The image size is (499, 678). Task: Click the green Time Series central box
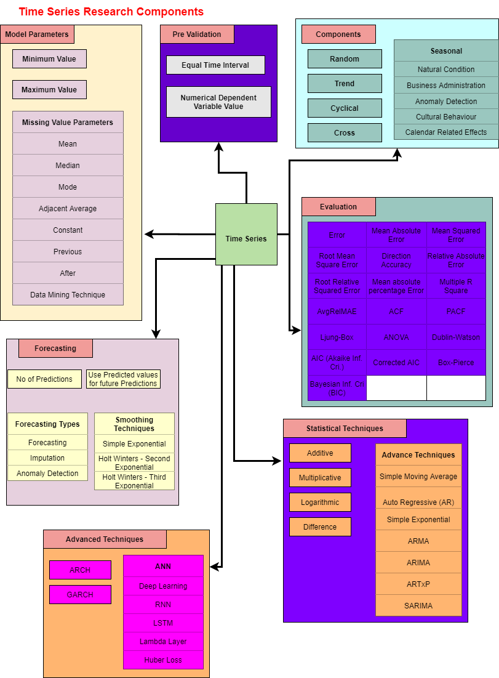click(x=246, y=235)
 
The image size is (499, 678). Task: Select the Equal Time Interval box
click(x=215, y=65)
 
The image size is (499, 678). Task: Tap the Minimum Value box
click(x=49, y=59)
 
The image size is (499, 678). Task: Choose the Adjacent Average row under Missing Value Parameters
click(x=68, y=209)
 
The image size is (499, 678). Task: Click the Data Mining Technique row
click(x=68, y=295)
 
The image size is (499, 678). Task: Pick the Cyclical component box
click(x=345, y=108)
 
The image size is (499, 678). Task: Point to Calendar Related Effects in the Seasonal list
click(x=445, y=132)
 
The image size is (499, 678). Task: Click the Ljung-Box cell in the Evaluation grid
click(x=337, y=337)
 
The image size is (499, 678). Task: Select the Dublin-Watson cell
click(x=456, y=337)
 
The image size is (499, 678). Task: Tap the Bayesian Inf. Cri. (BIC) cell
click(x=337, y=388)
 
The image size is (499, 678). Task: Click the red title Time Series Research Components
click(x=111, y=12)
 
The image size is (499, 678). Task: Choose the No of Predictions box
click(x=44, y=379)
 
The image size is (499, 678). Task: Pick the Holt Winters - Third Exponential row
click(x=134, y=481)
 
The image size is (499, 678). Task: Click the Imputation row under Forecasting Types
click(x=47, y=458)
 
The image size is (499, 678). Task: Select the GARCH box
click(x=80, y=595)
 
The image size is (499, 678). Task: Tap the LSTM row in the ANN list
click(x=163, y=623)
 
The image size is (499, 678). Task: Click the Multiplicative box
click(x=320, y=478)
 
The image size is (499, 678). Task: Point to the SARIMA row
click(x=418, y=606)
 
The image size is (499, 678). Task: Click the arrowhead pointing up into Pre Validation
click(x=218, y=146)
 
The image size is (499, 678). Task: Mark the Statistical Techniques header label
click(x=345, y=429)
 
